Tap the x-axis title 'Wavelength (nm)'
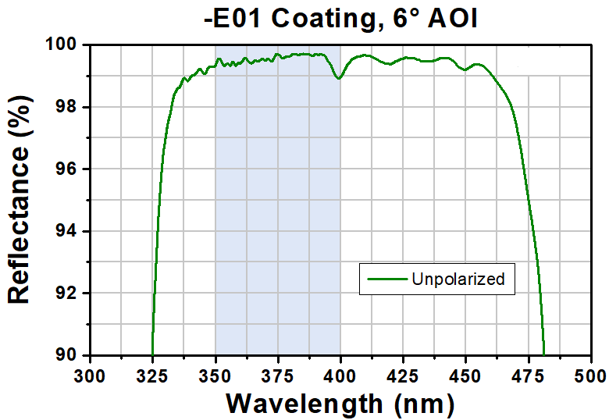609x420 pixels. click(x=340, y=404)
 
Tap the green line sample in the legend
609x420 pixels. click(x=384, y=279)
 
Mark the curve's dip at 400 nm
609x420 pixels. click(x=339, y=78)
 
